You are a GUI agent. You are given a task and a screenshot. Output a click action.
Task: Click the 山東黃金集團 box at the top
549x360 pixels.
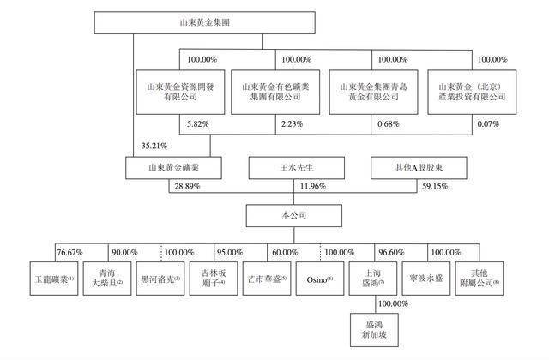click(x=204, y=23)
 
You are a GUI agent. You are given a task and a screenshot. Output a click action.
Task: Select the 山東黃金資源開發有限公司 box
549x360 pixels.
click(x=180, y=92)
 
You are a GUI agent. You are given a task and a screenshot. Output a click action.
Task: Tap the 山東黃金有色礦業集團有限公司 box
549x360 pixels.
click(x=275, y=92)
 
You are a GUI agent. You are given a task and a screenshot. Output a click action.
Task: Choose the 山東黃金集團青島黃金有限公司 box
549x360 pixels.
click(x=374, y=92)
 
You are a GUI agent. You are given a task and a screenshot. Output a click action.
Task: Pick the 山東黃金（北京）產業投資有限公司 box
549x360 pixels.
click(x=472, y=92)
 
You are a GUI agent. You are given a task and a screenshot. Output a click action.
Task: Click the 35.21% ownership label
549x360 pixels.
click(x=154, y=146)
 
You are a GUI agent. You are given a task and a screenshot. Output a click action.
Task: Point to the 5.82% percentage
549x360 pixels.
click(x=198, y=123)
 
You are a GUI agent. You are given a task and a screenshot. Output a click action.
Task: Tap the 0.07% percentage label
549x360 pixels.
click(x=488, y=123)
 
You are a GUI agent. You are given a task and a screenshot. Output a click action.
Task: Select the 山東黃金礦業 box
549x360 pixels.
click(x=173, y=168)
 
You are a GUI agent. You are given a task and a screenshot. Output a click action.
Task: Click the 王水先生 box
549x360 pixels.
click(x=296, y=168)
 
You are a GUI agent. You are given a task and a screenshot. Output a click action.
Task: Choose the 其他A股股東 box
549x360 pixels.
click(x=419, y=168)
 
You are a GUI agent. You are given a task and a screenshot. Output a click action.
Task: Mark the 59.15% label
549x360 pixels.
click(x=435, y=186)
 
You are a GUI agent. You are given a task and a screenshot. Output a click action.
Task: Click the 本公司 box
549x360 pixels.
click(x=294, y=215)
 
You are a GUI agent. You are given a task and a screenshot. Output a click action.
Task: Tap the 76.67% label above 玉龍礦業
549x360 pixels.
click(x=69, y=252)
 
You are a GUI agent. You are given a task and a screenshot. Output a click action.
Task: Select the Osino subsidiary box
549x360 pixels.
click(x=320, y=279)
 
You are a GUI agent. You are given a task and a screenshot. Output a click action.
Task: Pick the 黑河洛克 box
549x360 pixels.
click(x=160, y=279)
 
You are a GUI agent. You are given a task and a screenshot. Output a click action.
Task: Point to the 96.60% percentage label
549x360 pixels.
click(x=391, y=252)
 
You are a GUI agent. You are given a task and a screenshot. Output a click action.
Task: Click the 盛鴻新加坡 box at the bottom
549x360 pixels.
click(x=374, y=330)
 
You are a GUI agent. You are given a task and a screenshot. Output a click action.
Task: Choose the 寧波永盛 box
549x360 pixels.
click(x=426, y=279)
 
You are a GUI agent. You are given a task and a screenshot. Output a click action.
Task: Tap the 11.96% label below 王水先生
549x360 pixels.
click(x=313, y=186)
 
